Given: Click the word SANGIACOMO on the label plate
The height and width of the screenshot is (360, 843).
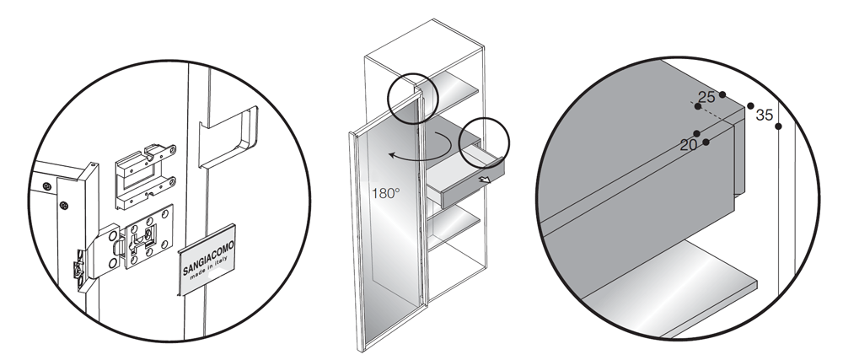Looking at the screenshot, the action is pos(208,258).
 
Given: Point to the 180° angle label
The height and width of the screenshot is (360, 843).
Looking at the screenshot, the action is pos(385,193).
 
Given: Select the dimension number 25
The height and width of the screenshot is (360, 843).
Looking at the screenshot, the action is pos(707,97).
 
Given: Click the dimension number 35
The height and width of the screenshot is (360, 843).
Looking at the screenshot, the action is pos(764,115).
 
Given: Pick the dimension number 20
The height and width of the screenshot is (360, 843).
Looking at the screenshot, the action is pos(689,144).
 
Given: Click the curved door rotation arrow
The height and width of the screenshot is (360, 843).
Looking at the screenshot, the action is pos(424,147).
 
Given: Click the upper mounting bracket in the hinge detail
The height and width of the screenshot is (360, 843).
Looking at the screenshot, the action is pos(145,175).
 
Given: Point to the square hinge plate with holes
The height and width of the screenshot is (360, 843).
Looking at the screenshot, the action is pos(149,236).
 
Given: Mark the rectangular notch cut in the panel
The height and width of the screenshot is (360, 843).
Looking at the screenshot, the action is pos(227,137).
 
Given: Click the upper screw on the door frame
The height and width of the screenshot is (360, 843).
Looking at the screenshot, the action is pos(47,186).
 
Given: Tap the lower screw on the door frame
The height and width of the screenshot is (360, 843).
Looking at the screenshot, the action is pos(63,205).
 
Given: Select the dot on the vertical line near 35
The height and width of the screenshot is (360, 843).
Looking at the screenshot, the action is pos(778,126).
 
